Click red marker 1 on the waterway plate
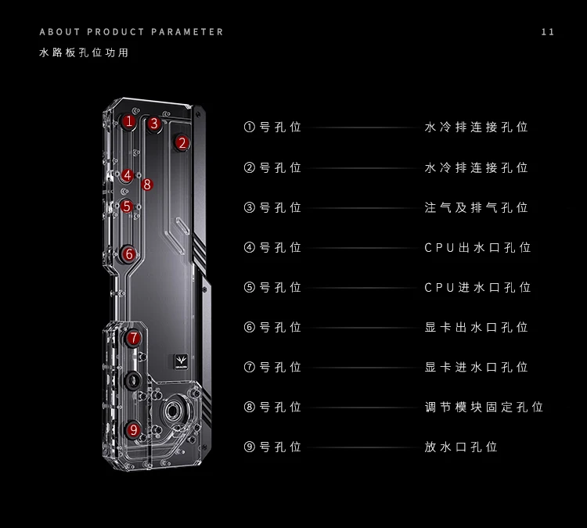pos(129,121)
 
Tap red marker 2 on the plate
pos(182,142)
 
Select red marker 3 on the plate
pos(154,123)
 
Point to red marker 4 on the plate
pos(128,175)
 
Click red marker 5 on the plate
pos(127,207)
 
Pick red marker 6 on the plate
pos(129,253)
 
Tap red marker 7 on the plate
pos(134,338)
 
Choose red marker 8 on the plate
pos(146,185)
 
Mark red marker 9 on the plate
pos(134,429)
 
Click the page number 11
pos(548,32)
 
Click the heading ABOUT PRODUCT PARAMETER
pos(131,32)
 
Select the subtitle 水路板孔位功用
pos(83,53)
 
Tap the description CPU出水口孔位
pos(477,247)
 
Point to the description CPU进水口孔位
pos(477,287)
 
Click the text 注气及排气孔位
pos(476,207)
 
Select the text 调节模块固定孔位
pos(484,407)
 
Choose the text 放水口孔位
pos(461,447)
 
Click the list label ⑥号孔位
pos(272,327)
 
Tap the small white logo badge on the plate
pos(181,362)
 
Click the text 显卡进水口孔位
pos(476,367)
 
